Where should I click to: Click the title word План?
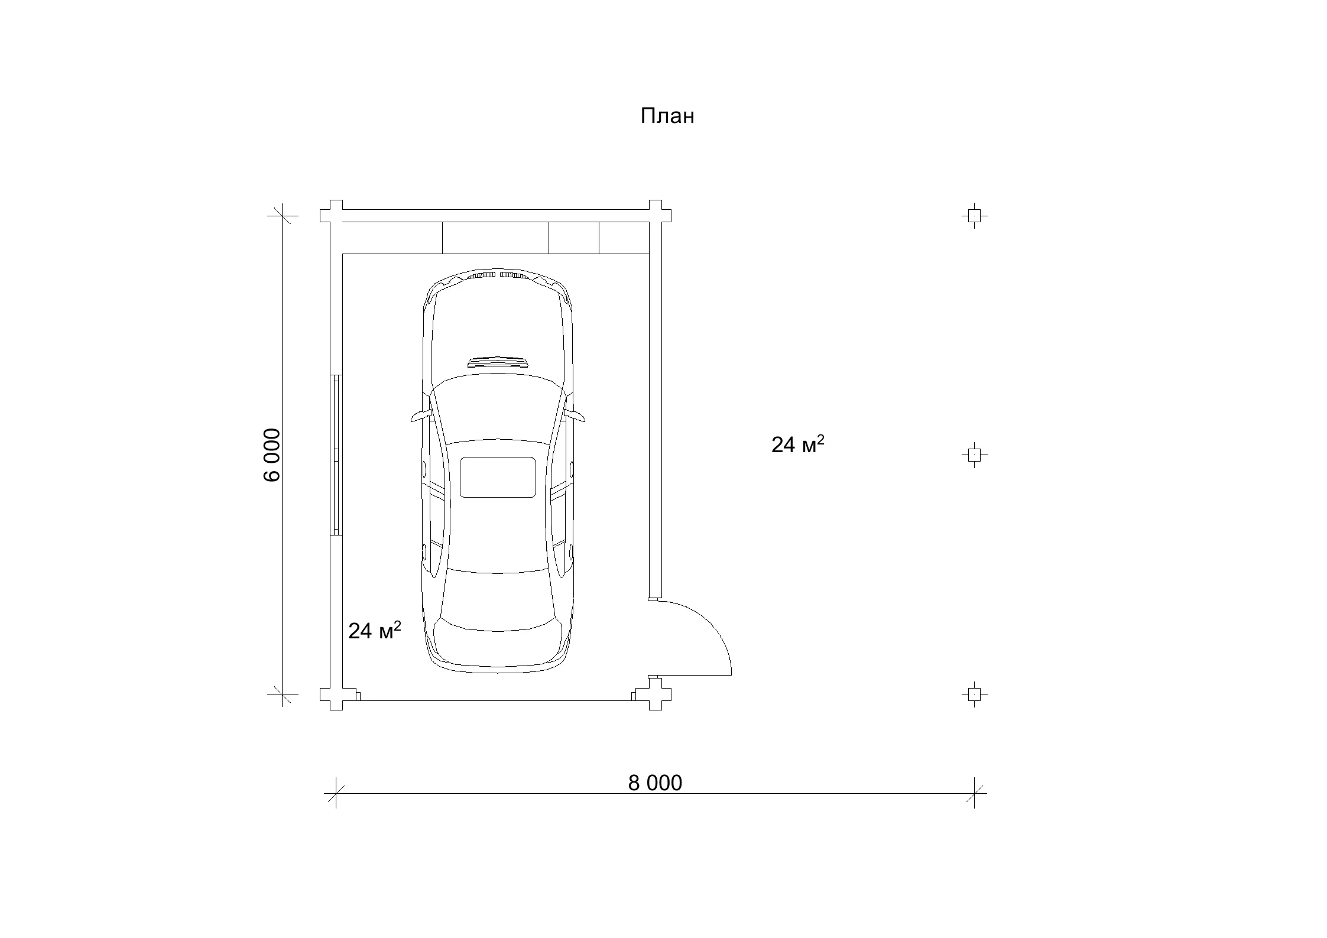point(667,116)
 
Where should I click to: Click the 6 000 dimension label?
point(272,455)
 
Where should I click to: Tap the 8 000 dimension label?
point(655,783)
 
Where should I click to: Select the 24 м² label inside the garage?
point(375,631)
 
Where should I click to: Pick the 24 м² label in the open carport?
point(798,444)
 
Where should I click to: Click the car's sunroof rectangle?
point(498,477)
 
